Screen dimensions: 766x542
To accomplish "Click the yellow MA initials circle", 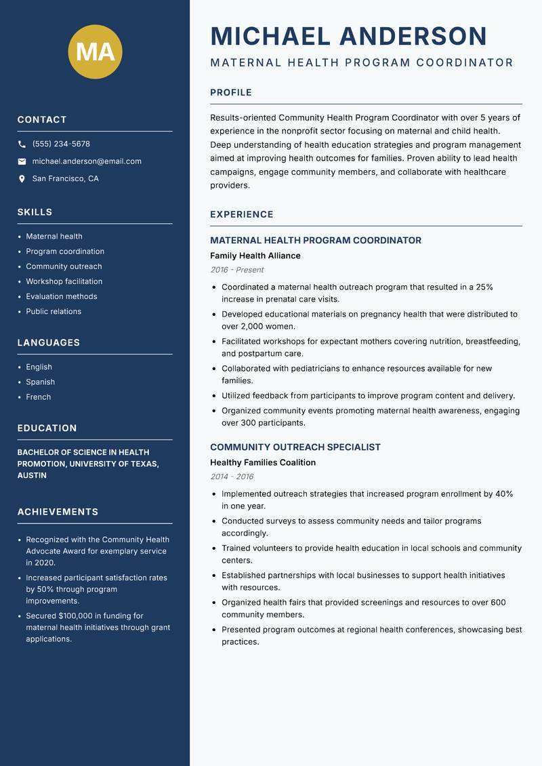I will [95, 52].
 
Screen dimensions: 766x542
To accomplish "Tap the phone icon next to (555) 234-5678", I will [22, 144].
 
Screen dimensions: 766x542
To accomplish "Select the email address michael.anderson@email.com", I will [87, 161].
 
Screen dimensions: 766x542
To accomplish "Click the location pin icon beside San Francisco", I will [22, 179].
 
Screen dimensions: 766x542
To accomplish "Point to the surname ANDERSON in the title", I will [413, 37].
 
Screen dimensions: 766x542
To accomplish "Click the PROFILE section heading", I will [231, 93].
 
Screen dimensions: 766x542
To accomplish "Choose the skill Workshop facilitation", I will [64, 281].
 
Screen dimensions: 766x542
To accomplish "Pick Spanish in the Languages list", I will [41, 382].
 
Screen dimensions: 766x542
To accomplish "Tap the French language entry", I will [39, 397].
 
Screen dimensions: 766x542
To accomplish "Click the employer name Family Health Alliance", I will [255, 256].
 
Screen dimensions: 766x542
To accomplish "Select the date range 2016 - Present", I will [237, 270].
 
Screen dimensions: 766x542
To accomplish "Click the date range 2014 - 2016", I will [232, 477].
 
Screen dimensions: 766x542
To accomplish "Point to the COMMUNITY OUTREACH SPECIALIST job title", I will [295, 447].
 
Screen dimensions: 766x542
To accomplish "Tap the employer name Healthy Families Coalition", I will [263, 462].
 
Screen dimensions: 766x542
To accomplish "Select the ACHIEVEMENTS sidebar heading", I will [58, 512].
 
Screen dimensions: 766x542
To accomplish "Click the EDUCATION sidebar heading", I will [47, 428].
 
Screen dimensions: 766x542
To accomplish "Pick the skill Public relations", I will [54, 312].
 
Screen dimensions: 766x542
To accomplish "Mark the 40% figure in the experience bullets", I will [504, 494].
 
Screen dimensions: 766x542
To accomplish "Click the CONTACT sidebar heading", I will [42, 120].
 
